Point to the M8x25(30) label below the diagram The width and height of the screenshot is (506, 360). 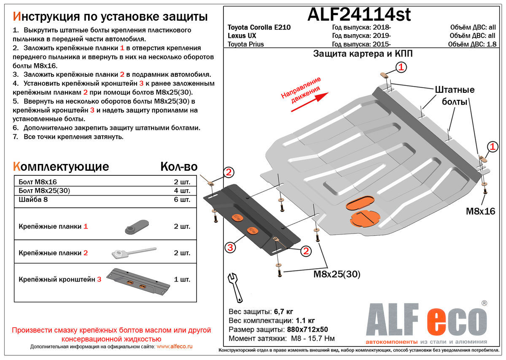coord(337,274)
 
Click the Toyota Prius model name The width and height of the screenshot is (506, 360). coord(246,44)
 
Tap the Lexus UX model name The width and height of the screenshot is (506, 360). coord(242,36)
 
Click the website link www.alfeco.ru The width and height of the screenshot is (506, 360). coord(174,346)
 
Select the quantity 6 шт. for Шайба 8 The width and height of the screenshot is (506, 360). coord(182,199)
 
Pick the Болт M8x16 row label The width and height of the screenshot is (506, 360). coord(38,182)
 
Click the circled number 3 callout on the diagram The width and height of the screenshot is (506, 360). coord(230,247)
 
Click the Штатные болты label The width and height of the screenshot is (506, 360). coord(454,96)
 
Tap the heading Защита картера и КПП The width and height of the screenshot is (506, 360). coord(363,54)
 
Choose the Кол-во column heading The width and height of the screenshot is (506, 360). coord(178,167)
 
